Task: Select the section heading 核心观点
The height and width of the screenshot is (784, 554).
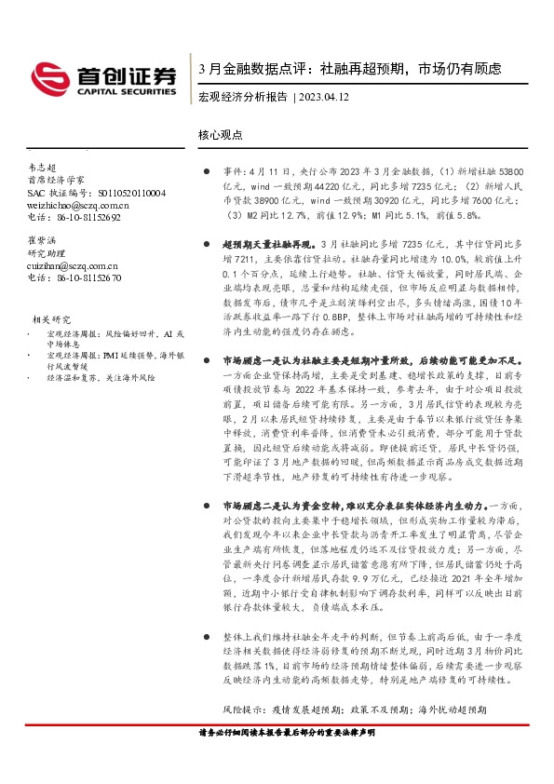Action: click(x=221, y=135)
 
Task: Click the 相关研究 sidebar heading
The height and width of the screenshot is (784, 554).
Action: click(x=50, y=318)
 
